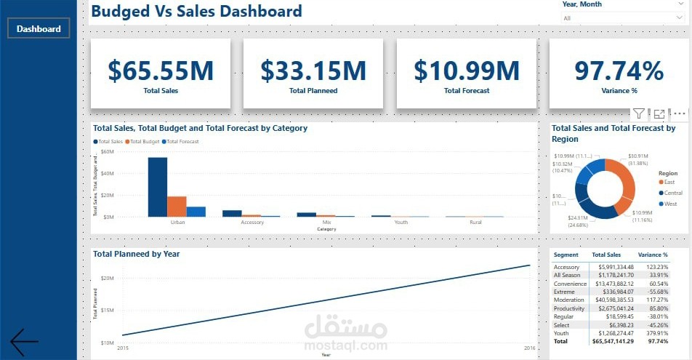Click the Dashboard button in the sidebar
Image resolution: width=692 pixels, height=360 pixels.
pos(39,29)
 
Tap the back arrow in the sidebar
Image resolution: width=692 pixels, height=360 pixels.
pos(24,342)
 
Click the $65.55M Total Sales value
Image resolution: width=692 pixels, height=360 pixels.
pos(161,71)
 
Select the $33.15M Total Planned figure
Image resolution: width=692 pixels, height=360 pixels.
pos(313,71)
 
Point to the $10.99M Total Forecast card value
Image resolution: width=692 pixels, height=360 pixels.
pos(467,71)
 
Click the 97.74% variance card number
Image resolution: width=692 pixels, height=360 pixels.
pos(619,71)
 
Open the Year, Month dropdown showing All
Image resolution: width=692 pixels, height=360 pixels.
pos(621,18)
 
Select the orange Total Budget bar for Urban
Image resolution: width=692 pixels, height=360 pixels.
pos(177,207)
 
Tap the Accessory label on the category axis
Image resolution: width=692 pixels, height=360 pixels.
pos(252,223)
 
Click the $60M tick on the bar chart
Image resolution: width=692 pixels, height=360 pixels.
pos(108,152)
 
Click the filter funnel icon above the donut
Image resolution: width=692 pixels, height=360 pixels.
pos(638,113)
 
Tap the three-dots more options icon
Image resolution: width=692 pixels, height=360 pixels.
pos(680,113)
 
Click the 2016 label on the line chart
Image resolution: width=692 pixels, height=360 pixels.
pos(530,349)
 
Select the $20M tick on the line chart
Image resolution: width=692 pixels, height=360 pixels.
pos(106,279)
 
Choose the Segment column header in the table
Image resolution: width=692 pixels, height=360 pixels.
pos(566,255)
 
